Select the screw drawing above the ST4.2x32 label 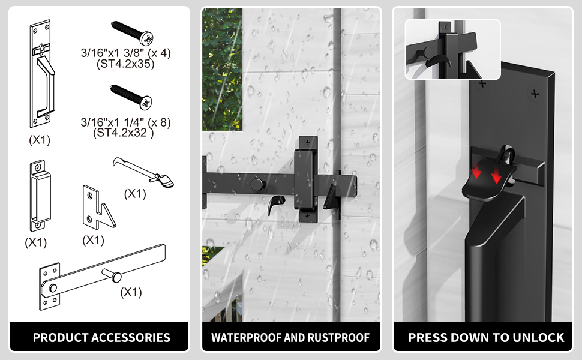coord(131,97)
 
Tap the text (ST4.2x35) coord(124,64)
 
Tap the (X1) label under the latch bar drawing coord(131,292)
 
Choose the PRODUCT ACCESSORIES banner coord(101,337)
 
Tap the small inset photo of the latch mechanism coord(452,49)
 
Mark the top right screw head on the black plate coord(533,94)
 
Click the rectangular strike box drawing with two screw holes coord(37,195)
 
